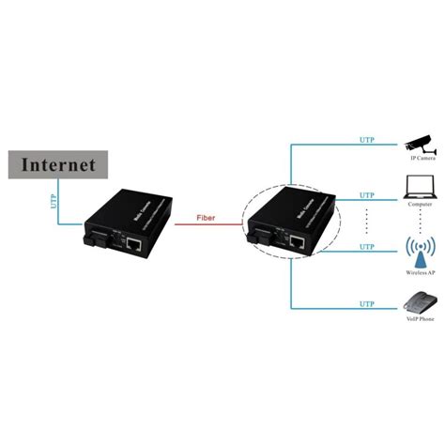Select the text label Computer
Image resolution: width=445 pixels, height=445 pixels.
click(x=420, y=211)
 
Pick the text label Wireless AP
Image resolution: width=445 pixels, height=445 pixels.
click(x=420, y=274)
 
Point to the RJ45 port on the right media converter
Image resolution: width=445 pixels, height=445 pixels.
click(x=299, y=242)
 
